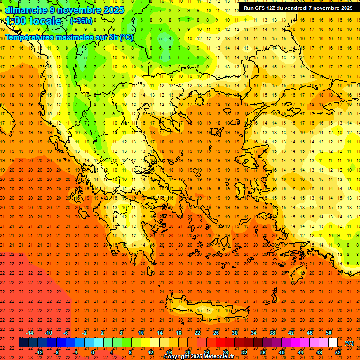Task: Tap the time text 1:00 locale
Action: point(33,21)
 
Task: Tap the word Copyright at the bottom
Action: point(178,357)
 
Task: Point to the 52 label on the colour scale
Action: point(338,352)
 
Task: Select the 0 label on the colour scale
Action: point(93,352)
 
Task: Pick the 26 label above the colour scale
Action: point(216,333)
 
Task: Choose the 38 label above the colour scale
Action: point(272,333)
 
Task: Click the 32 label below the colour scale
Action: point(244,352)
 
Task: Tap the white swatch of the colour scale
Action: point(333,343)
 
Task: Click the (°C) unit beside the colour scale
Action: point(349,343)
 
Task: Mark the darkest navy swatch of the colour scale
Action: point(23,343)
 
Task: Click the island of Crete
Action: point(206,311)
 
